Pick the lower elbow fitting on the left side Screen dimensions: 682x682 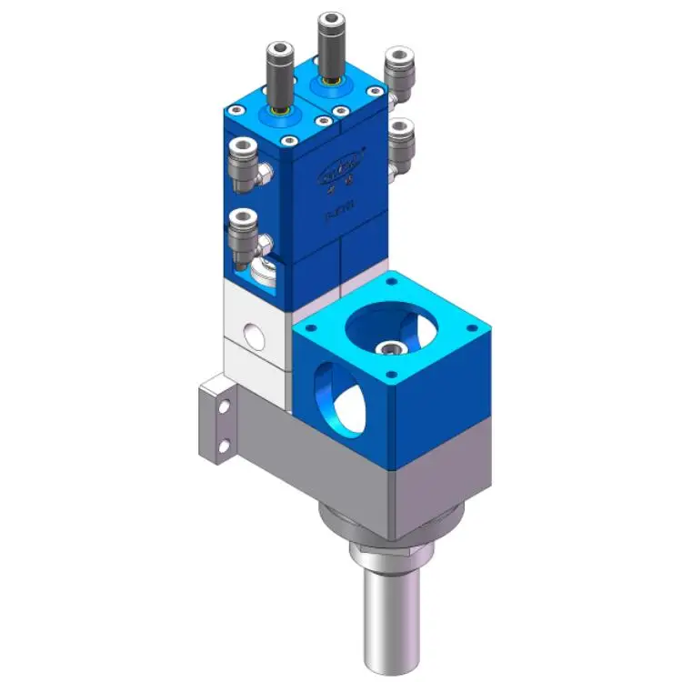pos(243,234)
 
